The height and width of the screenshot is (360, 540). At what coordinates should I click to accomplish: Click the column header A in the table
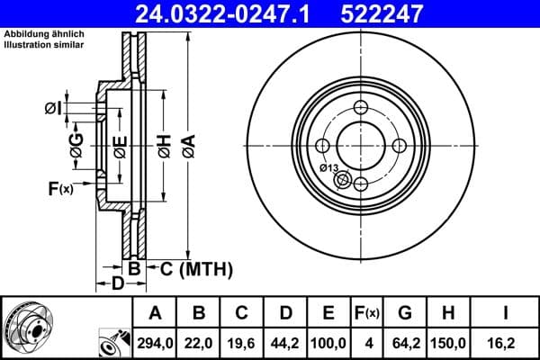[155, 313]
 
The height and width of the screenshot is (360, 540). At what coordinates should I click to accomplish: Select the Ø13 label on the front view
[329, 168]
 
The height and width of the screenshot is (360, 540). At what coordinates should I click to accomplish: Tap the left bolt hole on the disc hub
[322, 146]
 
